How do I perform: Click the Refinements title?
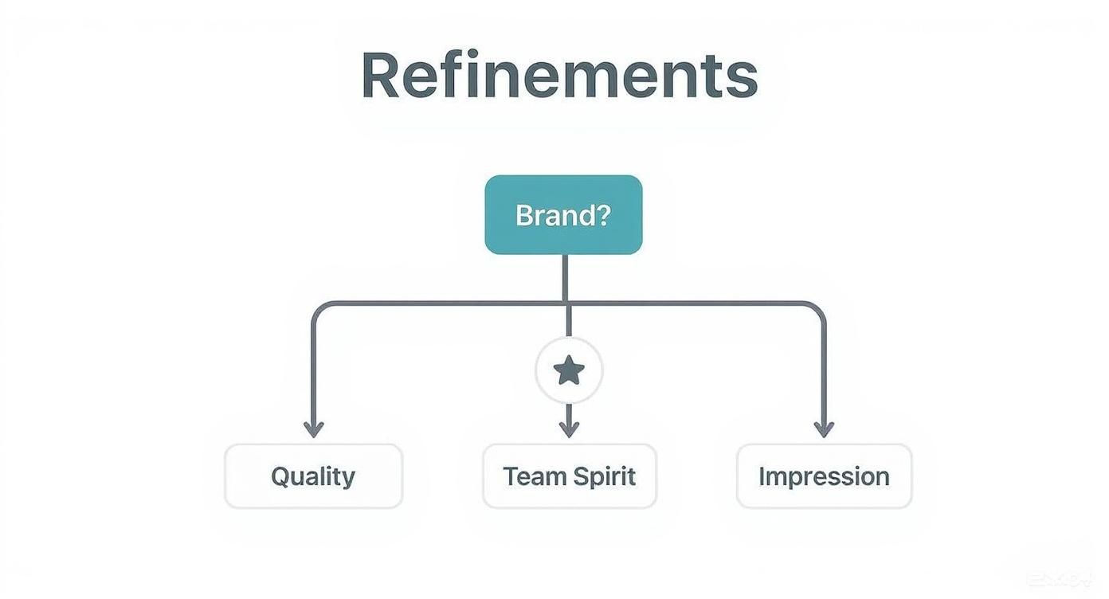click(x=560, y=74)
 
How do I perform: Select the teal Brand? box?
click(x=563, y=215)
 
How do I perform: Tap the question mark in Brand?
click(x=602, y=215)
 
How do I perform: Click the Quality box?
click(x=314, y=476)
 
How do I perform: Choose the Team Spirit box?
click(x=570, y=476)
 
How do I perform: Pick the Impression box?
click(x=824, y=476)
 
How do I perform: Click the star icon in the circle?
click(x=569, y=370)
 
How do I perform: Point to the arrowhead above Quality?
click(x=314, y=429)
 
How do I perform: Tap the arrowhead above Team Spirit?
click(x=569, y=429)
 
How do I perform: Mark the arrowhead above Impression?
click(x=824, y=429)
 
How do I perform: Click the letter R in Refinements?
click(x=380, y=74)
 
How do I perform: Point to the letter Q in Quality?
click(x=282, y=477)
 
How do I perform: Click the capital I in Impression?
click(x=762, y=476)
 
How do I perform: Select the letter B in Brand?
click(x=525, y=215)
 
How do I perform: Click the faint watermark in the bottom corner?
click(x=1060, y=579)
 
